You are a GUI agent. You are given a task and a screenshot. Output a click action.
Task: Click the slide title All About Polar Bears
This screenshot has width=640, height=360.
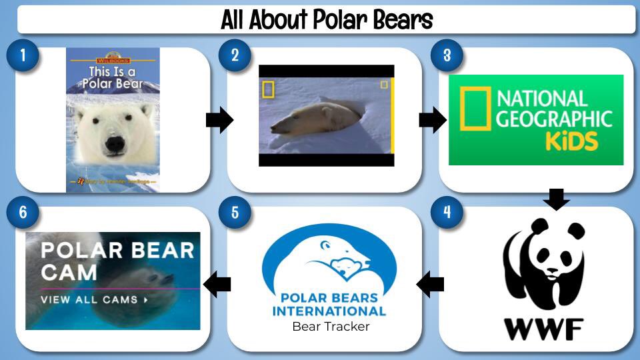[327, 19]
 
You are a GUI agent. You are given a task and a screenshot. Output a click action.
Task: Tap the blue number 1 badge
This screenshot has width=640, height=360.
[23, 55]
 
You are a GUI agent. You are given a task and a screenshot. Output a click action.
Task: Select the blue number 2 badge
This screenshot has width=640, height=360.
[235, 55]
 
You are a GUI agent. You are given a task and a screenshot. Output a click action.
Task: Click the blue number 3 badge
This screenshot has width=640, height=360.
[446, 55]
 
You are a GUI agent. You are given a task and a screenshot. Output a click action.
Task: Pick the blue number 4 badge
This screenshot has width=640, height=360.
[446, 213]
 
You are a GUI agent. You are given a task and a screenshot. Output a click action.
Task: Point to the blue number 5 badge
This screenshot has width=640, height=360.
[235, 213]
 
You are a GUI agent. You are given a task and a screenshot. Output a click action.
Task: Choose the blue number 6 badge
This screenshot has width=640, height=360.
[23, 213]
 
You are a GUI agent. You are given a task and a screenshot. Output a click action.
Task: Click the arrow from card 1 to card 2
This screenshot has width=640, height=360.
[219, 121]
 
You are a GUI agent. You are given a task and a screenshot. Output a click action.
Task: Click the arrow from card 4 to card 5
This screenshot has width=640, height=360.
[430, 285]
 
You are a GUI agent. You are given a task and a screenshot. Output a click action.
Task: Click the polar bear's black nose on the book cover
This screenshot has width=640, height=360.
[115, 143]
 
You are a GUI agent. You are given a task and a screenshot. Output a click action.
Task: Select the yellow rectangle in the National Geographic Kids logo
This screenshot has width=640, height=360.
[473, 109]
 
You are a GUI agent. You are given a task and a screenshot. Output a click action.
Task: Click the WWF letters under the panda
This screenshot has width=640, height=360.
[543, 329]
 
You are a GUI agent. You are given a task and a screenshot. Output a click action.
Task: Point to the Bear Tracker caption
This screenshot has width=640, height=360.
[331, 327]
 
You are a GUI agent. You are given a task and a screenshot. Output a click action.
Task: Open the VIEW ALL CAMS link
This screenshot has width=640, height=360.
[94, 299]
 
